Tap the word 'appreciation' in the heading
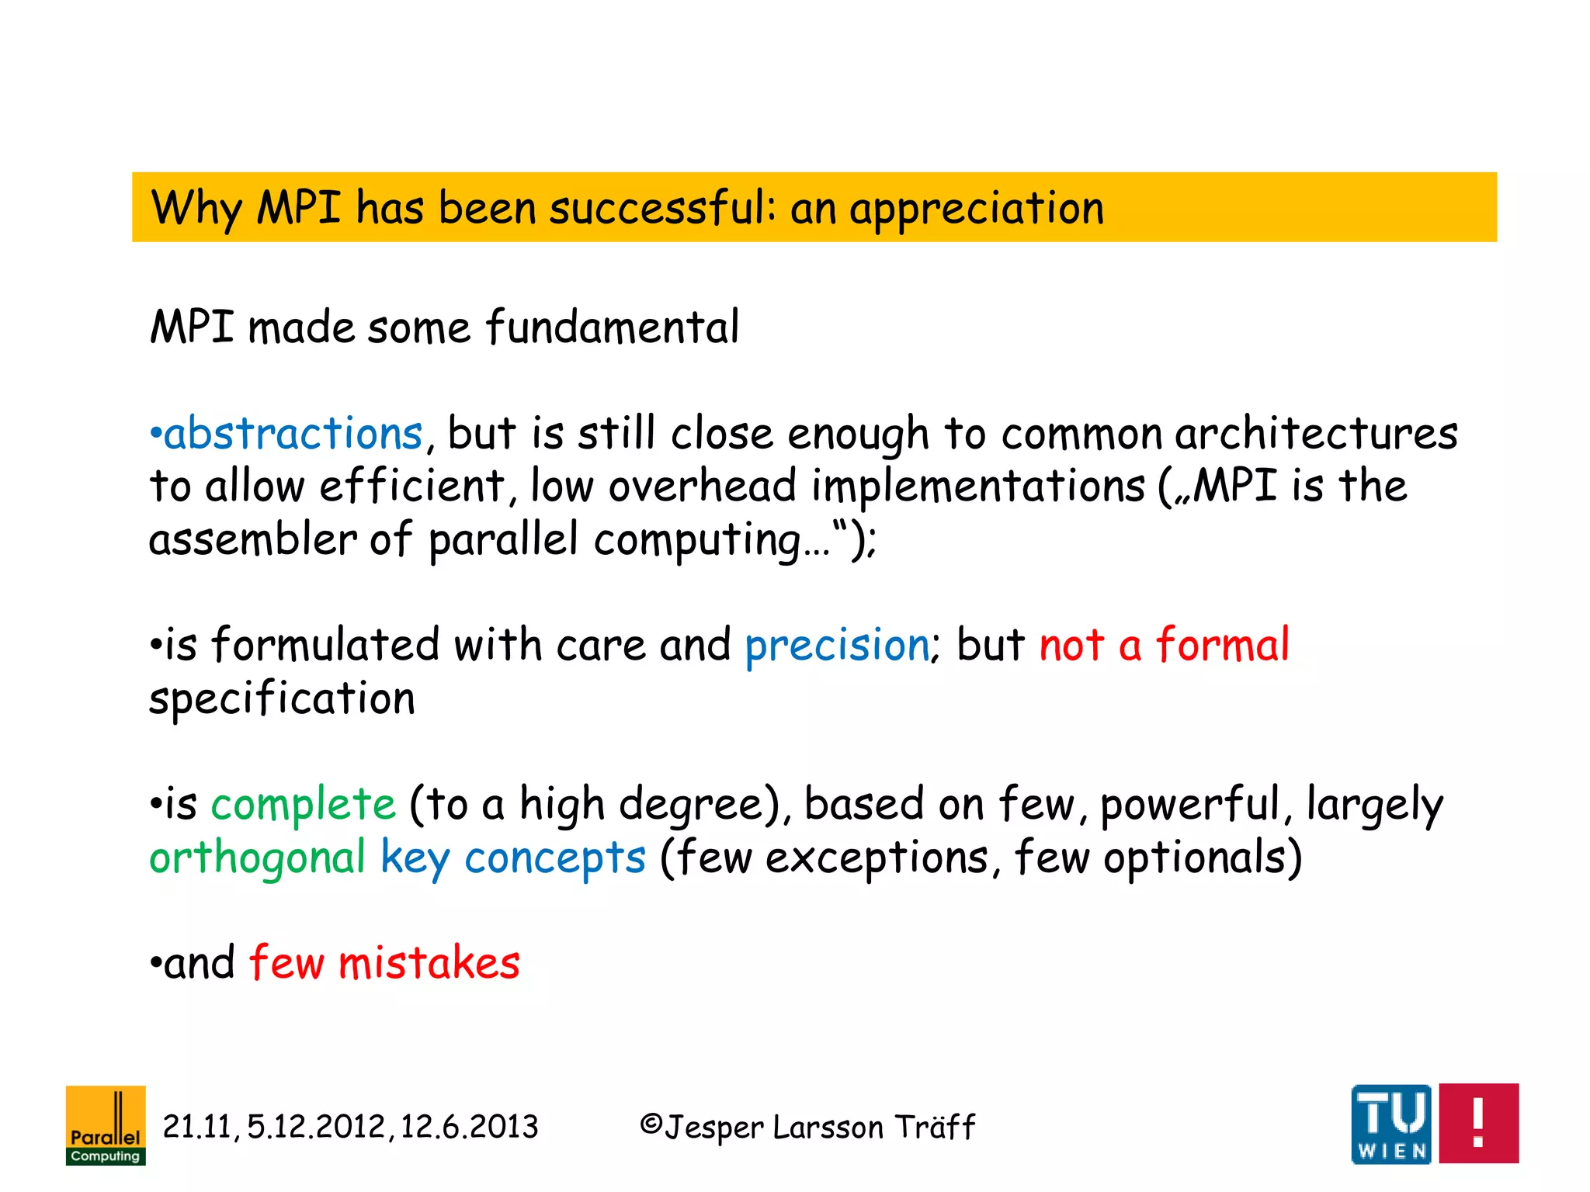point(976,209)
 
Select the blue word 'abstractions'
point(293,433)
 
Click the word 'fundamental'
point(613,327)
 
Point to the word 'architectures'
point(1316,433)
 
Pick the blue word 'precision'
point(837,645)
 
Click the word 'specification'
point(282,698)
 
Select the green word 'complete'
point(304,804)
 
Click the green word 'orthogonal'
point(257,858)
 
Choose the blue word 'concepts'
point(555,858)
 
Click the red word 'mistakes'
point(429,963)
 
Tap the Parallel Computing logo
point(106,1124)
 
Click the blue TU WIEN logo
point(1390,1124)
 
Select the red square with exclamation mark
point(1478,1124)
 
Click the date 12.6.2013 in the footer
point(469,1127)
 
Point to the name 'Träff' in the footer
point(935,1127)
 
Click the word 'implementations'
point(978,487)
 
